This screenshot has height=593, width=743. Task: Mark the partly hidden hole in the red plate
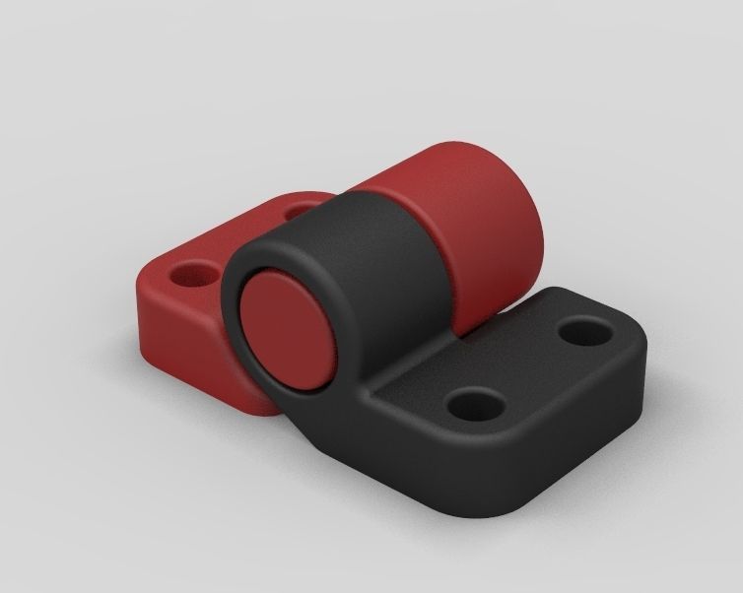296,210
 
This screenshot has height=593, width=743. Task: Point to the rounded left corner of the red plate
143,296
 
